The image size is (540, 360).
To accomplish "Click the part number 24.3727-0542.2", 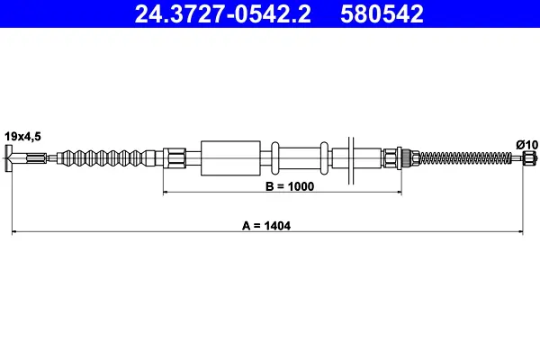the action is pos(223,14).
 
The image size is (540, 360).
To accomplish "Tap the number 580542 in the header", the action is pos(382,14).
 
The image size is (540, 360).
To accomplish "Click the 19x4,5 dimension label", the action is pos(22,137).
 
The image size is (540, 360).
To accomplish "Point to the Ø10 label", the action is pos(527,145).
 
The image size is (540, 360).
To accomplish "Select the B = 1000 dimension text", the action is pos(290,186).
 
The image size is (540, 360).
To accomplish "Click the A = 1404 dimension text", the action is pos(266,226).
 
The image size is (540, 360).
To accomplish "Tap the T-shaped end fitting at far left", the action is pos(9,158).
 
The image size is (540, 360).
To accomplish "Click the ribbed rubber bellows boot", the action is pos(106,158).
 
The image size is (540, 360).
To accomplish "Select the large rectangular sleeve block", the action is pos(230,158).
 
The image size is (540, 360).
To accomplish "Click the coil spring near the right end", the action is pos(465,158).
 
